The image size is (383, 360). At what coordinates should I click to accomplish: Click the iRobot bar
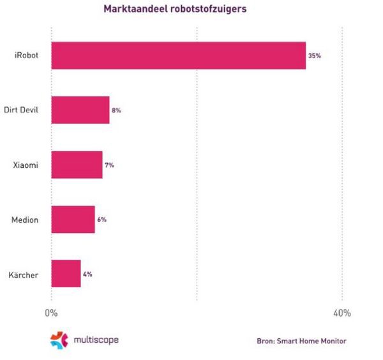[178, 56]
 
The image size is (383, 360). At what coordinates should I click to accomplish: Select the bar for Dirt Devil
[80, 110]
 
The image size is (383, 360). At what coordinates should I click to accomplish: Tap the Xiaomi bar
[77, 165]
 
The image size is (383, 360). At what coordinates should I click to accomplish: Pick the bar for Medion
[73, 220]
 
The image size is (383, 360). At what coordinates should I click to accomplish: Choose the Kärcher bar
[66, 274]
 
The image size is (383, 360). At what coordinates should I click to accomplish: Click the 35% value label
[314, 56]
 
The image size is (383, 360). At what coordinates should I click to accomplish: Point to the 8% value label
[116, 110]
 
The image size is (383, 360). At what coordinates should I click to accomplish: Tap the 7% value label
[109, 165]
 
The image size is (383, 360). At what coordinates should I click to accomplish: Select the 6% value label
[101, 220]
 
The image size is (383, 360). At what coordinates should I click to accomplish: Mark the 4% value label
[87, 274]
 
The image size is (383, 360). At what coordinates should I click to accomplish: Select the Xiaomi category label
[26, 165]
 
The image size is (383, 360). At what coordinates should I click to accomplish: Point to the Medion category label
[25, 220]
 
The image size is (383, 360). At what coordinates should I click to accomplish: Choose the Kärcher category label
[24, 275]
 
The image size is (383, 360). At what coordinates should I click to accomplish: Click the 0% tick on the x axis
[51, 313]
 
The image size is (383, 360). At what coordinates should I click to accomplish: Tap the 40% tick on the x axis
[342, 313]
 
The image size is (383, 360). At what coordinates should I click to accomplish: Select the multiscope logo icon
[59, 340]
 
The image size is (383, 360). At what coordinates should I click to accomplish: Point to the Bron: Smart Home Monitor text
[301, 341]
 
